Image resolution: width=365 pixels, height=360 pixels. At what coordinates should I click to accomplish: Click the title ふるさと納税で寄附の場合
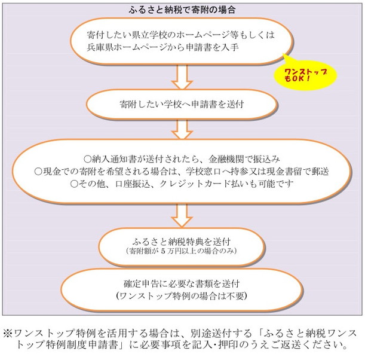coord(182,9)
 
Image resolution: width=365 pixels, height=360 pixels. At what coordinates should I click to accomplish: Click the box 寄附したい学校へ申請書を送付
coord(182,104)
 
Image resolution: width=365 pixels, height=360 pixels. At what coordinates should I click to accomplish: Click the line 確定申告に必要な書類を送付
coord(182,283)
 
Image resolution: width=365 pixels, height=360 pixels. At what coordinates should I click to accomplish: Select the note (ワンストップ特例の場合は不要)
coord(182,295)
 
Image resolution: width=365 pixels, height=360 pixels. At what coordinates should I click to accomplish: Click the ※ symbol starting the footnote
coord(8,332)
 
